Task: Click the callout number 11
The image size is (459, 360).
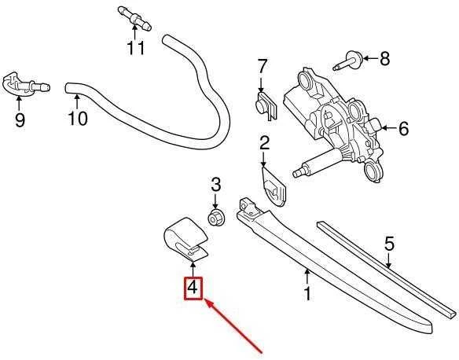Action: click(x=136, y=48)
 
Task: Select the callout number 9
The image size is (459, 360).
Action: click(x=20, y=119)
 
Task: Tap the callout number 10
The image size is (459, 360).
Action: click(x=78, y=118)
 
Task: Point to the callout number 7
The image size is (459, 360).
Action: click(x=262, y=67)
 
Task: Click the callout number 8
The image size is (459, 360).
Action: click(x=384, y=58)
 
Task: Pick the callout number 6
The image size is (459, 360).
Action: click(x=404, y=128)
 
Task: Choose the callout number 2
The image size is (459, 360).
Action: click(x=264, y=144)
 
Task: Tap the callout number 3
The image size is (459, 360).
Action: click(x=215, y=185)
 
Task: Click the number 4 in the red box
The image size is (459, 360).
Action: click(x=193, y=288)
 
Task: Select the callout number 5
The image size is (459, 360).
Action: click(x=389, y=244)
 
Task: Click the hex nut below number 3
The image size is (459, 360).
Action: click(x=215, y=218)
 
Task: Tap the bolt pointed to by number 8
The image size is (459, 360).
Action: click(x=349, y=61)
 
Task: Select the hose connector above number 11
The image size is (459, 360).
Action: click(x=134, y=19)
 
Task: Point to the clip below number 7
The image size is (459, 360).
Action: click(x=266, y=106)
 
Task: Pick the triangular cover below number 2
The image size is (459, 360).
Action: click(x=273, y=186)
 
